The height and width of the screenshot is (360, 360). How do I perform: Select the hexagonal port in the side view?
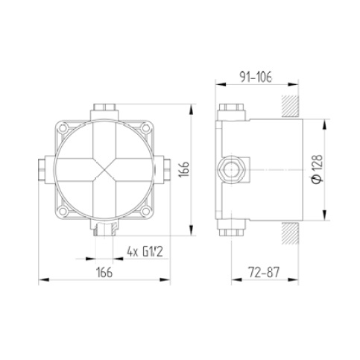tap(232, 169)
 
